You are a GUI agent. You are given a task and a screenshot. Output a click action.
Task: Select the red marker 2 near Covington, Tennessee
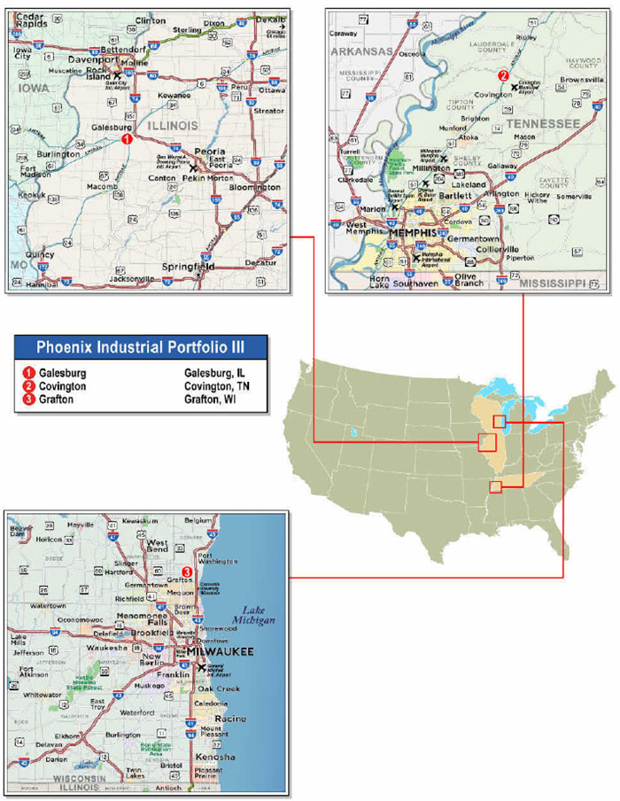503,76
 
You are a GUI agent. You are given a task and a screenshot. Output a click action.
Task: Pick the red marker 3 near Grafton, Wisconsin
186,572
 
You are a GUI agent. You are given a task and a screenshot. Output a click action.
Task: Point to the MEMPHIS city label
412,233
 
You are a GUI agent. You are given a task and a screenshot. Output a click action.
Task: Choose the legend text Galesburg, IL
213,373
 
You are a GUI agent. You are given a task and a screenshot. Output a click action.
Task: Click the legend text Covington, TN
216,386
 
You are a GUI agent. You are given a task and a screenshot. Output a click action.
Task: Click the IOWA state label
35,89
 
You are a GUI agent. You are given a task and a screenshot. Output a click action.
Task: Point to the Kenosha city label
216,758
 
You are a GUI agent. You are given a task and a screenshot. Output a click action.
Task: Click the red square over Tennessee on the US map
495,486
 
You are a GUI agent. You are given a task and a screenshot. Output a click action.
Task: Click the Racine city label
230,719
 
